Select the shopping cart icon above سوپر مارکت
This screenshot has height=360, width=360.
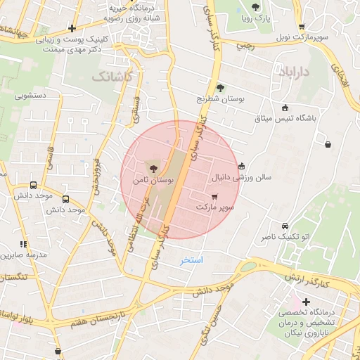pyautogui.click(x=214, y=196)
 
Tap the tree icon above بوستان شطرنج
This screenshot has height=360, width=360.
pyautogui.click(x=220, y=88)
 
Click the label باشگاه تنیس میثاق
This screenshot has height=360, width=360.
pyautogui.click(x=285, y=118)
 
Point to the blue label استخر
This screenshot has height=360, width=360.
pyautogui.click(x=191, y=260)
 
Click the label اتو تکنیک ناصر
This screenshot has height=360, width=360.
pyautogui.click(x=285, y=239)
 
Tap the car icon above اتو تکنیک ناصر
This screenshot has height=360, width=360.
pyautogui.click(x=284, y=226)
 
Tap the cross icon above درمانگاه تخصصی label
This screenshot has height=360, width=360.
pyautogui.click(x=305, y=301)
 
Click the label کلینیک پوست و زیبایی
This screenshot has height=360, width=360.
pyautogui.click(x=67, y=42)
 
